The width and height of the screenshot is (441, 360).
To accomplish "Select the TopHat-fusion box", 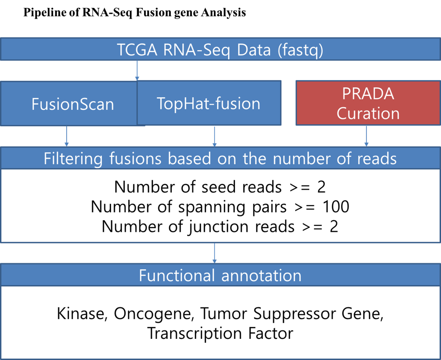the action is click(x=209, y=103).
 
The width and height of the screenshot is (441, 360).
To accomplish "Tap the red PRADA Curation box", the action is click(x=368, y=103).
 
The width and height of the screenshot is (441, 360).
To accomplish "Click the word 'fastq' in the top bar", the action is click(x=300, y=50).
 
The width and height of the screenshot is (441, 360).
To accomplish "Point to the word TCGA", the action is click(x=137, y=50).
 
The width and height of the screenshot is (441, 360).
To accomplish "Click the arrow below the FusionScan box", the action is click(x=67, y=136).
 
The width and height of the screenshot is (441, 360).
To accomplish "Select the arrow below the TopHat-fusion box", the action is click(x=214, y=137).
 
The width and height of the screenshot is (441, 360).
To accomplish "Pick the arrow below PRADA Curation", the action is click(x=366, y=136).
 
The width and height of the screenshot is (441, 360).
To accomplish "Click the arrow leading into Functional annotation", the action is click(x=214, y=253).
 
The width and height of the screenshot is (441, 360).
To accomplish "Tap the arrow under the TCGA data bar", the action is click(x=137, y=71).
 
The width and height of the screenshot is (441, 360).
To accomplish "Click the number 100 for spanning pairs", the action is click(x=336, y=207).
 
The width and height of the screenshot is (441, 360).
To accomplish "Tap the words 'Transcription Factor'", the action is click(x=220, y=333).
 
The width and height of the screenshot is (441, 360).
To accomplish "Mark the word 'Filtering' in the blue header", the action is click(x=73, y=159).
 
